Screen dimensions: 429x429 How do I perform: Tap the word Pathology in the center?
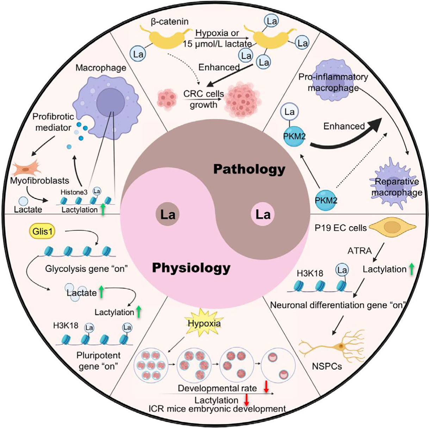(249, 169)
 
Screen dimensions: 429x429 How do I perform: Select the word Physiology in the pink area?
(191, 268)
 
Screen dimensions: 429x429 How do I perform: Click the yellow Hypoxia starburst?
(204, 323)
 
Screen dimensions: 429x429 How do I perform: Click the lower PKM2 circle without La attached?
(326, 200)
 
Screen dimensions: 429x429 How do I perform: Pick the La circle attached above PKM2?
(289, 112)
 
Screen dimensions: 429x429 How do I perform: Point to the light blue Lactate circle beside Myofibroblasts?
(23, 201)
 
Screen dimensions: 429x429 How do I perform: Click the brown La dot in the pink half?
(168, 214)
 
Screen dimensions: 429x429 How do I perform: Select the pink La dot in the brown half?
(262, 214)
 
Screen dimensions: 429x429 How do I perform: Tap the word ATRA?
(360, 251)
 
